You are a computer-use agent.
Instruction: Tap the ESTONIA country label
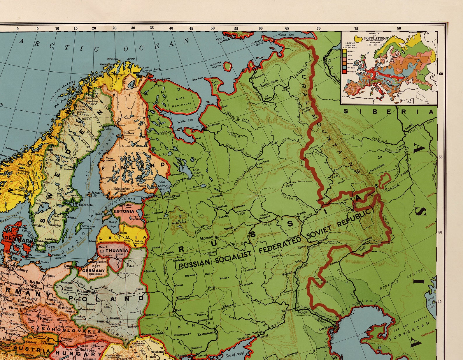click(124, 211)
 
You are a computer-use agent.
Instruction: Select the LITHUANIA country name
click(114, 250)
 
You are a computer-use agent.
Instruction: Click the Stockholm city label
click(86, 205)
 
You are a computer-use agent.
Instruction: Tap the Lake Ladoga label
click(162, 184)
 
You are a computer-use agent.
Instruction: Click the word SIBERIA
click(389, 112)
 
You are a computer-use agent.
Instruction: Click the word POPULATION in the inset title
click(374, 38)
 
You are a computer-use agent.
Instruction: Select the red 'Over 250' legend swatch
click(344, 71)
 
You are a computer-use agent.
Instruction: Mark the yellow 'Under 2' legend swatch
click(344, 51)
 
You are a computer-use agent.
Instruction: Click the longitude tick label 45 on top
click(191, 29)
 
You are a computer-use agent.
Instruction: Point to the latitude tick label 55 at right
click(441, 157)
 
